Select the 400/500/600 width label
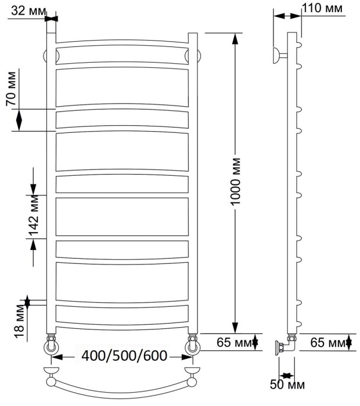124,355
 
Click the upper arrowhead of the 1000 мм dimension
235,38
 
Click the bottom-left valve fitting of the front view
51,345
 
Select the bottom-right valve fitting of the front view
193,345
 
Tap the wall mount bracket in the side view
280,56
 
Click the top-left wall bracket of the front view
49,56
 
